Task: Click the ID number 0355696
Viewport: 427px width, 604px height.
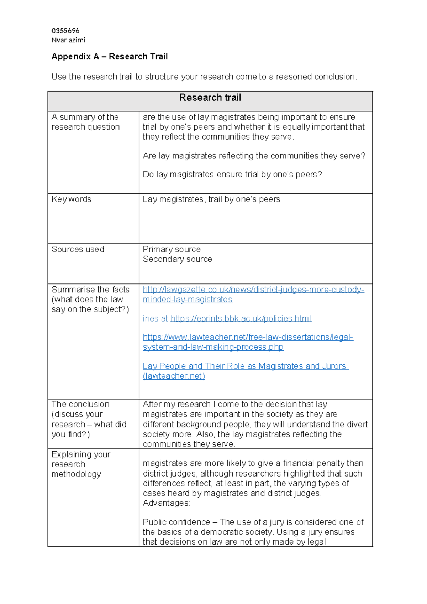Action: click(x=65, y=31)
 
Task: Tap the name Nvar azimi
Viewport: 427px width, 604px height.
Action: click(x=68, y=40)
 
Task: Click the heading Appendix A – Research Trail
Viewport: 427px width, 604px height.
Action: click(x=109, y=57)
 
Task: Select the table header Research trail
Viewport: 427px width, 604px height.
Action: click(x=210, y=98)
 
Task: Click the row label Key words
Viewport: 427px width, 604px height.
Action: click(x=71, y=199)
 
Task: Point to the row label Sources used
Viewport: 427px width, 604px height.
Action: click(x=78, y=249)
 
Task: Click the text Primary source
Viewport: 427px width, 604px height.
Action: click(x=172, y=249)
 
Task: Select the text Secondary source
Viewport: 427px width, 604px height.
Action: click(x=177, y=259)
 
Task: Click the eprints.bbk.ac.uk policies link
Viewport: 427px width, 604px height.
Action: click(x=241, y=318)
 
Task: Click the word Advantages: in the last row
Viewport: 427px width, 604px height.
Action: click(x=167, y=503)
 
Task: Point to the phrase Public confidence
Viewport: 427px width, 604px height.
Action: click(x=176, y=522)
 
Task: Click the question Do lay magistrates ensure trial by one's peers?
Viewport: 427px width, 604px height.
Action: click(x=232, y=175)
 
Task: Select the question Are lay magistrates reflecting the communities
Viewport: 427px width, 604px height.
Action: click(x=254, y=156)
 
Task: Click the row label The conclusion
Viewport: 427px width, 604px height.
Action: click(x=80, y=405)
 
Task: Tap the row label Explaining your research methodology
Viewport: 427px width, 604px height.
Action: click(x=81, y=464)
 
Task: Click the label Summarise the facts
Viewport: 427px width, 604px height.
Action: click(x=90, y=290)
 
